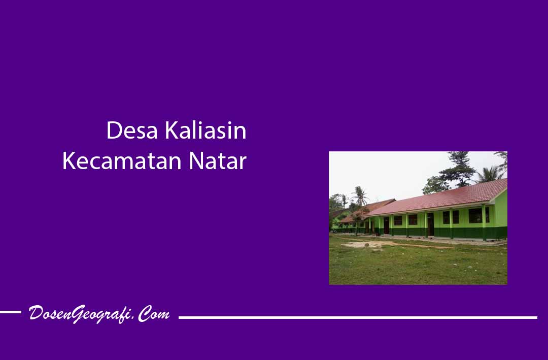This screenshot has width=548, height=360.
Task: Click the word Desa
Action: pos(132,130)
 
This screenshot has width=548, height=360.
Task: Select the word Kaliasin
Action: pos(205,130)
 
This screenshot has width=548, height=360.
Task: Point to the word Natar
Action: pos(218,161)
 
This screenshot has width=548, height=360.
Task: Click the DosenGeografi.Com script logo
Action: pos(99,314)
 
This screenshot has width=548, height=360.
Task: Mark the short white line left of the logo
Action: pos(11,312)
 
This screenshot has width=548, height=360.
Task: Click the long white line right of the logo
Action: pos(358,318)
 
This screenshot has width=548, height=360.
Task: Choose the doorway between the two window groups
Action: pos(430,224)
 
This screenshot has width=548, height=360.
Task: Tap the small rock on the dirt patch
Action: pos(367,245)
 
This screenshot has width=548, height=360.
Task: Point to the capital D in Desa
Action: pos(114,130)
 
